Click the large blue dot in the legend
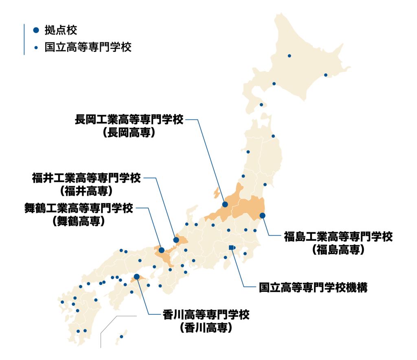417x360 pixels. point(36,30)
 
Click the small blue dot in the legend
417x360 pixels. point(36,48)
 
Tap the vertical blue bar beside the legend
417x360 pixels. point(24,39)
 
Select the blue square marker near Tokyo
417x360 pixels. point(231,247)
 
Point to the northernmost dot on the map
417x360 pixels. point(289,56)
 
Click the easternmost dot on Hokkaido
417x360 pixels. point(325,75)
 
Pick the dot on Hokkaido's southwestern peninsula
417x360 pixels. point(261,105)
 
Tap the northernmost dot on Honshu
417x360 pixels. point(273,136)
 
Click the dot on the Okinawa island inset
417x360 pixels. point(121,337)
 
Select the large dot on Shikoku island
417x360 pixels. point(136,276)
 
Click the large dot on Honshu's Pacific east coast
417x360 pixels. point(262,216)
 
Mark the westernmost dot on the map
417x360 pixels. point(62,302)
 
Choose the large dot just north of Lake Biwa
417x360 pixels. point(176,240)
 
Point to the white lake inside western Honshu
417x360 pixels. point(176,256)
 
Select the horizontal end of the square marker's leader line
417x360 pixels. point(250,287)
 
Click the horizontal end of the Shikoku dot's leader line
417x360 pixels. point(155,314)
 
